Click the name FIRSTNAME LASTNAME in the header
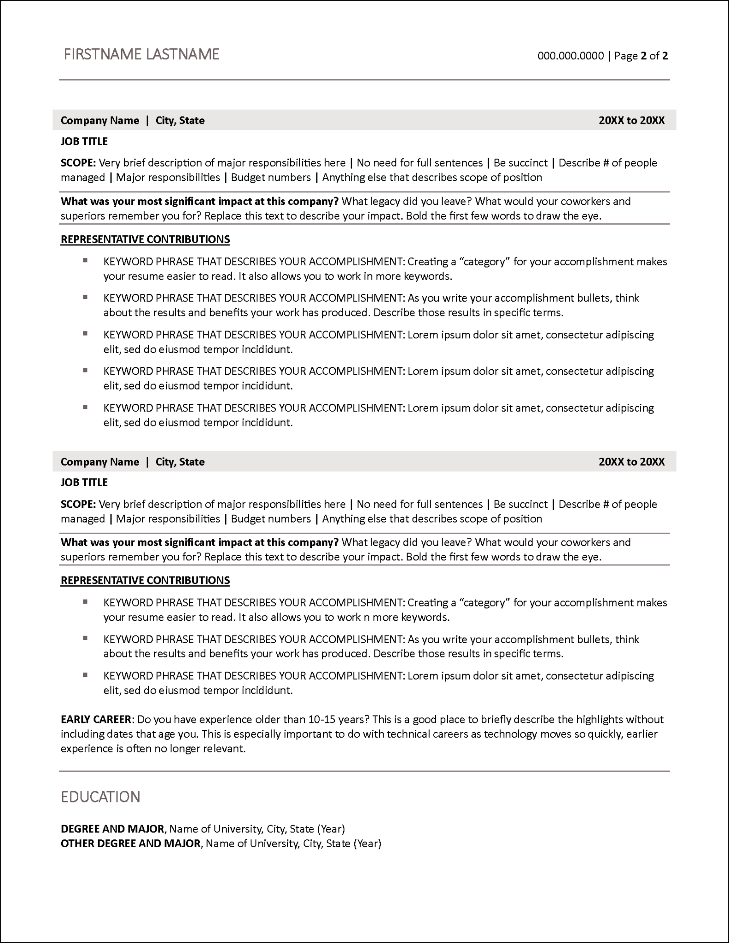click(x=141, y=54)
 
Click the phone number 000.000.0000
click(x=571, y=56)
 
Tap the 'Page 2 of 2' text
click(x=641, y=56)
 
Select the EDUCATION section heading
click(x=100, y=797)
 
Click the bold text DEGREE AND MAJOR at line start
click(x=112, y=829)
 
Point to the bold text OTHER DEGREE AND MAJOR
click(x=130, y=844)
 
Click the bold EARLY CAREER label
click(x=96, y=719)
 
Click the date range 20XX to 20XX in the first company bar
click(x=631, y=121)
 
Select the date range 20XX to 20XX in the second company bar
click(x=631, y=462)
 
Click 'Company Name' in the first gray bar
click(x=100, y=121)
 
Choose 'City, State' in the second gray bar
click(x=180, y=462)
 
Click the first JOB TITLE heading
click(x=84, y=141)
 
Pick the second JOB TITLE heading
click(x=84, y=483)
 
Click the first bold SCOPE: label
click(x=78, y=163)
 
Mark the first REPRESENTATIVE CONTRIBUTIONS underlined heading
click(x=145, y=239)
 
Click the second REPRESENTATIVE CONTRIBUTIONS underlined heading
click(x=145, y=581)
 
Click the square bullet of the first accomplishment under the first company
click(x=85, y=261)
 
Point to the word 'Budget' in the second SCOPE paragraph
click(x=247, y=519)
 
